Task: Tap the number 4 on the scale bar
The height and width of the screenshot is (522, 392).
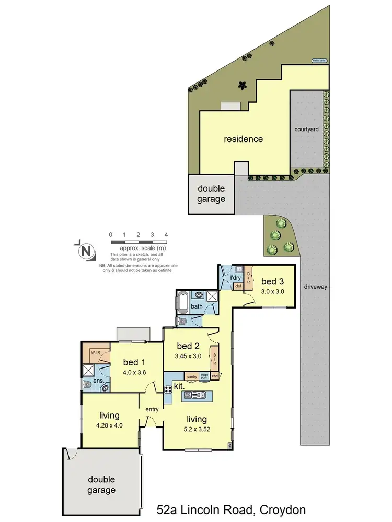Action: tap(166, 235)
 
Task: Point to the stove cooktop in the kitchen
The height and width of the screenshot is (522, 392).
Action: tap(169, 389)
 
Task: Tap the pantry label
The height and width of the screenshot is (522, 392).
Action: tap(192, 376)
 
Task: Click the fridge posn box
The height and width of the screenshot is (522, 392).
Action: tap(204, 376)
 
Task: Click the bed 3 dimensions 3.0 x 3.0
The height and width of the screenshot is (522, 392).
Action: tap(272, 292)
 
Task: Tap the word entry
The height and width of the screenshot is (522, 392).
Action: tap(152, 409)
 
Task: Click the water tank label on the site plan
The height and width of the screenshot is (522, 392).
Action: tap(318, 61)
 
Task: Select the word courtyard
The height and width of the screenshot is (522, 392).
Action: tap(307, 128)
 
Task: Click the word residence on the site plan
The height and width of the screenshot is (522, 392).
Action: tap(243, 139)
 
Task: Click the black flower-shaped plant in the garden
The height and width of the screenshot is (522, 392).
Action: tap(241, 85)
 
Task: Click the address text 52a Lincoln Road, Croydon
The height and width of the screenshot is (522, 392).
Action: tap(231, 509)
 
